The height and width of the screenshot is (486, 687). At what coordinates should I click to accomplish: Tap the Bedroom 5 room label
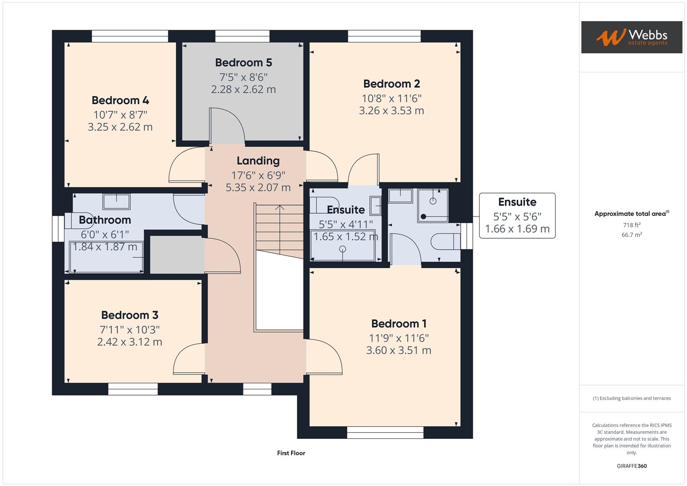point(243,63)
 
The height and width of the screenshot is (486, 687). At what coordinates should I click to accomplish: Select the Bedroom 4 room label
point(120,100)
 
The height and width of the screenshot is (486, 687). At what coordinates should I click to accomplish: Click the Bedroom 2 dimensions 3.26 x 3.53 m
point(391,111)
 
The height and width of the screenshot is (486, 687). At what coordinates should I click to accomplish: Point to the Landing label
point(258,161)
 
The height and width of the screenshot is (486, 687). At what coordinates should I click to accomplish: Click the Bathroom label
point(105,220)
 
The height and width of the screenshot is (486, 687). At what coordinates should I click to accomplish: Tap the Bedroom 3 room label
point(130,315)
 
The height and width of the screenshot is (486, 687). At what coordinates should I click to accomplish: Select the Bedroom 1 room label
point(399,324)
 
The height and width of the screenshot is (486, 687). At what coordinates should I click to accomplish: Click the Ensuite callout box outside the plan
point(517,216)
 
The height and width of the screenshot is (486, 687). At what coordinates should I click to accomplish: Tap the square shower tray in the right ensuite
point(433,206)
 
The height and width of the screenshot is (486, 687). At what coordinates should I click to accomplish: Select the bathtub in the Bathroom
point(106,257)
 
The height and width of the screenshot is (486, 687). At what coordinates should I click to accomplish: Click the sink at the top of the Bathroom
point(117,201)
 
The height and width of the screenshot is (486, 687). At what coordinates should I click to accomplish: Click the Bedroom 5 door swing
point(227,126)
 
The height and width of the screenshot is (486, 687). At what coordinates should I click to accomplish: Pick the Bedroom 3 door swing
point(189,359)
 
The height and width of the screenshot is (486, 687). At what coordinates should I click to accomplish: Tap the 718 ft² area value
point(632,225)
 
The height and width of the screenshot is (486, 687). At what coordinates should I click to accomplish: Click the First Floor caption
point(291,453)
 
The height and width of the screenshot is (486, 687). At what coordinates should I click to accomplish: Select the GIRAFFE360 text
point(632,466)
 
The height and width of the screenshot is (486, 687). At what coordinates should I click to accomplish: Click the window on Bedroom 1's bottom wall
point(385,432)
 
